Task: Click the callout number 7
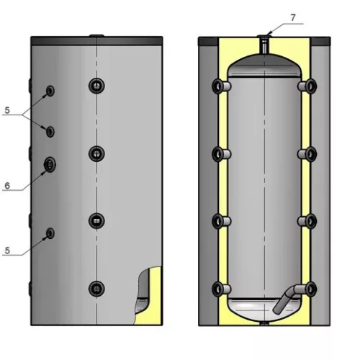292,18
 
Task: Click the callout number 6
7,186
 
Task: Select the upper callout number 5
7,110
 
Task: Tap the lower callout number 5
7,251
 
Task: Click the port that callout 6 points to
50,165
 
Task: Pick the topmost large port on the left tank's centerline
96,86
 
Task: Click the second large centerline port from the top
96,153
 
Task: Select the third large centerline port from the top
96,220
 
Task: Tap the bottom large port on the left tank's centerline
96,289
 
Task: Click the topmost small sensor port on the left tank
50,91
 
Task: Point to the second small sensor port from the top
50,132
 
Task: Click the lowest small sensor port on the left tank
50,233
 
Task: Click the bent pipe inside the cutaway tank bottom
286,297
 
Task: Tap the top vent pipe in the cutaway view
264,46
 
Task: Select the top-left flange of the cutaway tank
221,86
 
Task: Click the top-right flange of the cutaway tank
307,86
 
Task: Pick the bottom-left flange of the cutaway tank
221,289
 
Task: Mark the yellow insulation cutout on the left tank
150,297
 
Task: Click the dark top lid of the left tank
96,41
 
